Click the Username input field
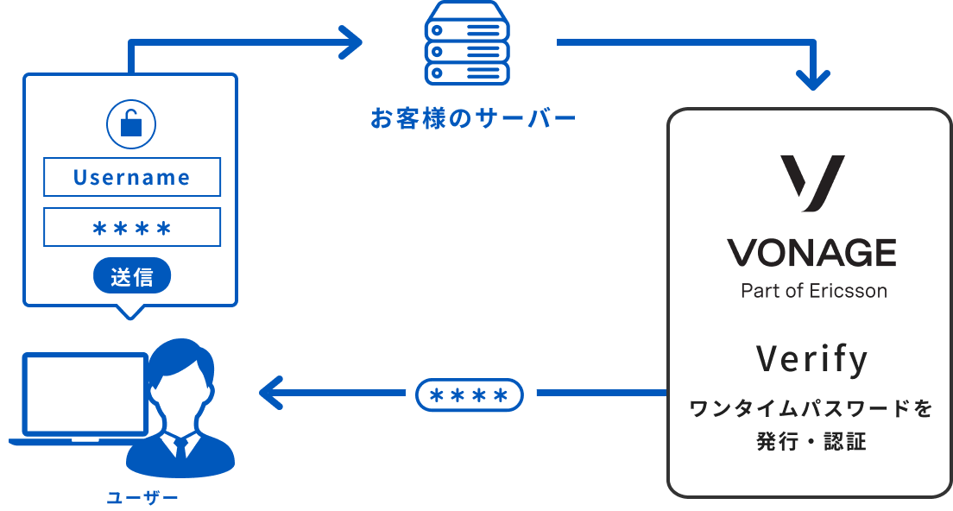click(132, 178)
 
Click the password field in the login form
click(132, 228)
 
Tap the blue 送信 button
click(132, 277)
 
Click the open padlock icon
click(130, 123)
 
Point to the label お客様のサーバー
click(472, 118)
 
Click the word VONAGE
click(811, 253)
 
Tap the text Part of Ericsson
click(813, 291)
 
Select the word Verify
click(812, 359)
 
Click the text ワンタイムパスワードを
click(811, 409)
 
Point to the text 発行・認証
click(811, 442)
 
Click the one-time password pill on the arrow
click(470, 395)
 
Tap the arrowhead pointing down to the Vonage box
click(812, 79)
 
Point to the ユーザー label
click(142, 497)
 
